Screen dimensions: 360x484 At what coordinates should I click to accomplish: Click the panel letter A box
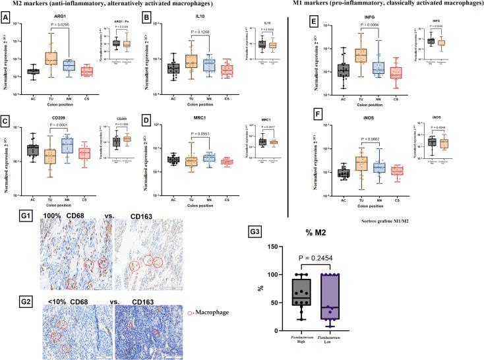[x=7, y=19]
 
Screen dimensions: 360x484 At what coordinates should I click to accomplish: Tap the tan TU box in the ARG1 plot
[x=51, y=57]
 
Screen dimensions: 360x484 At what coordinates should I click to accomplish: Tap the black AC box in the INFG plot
[x=343, y=70]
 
